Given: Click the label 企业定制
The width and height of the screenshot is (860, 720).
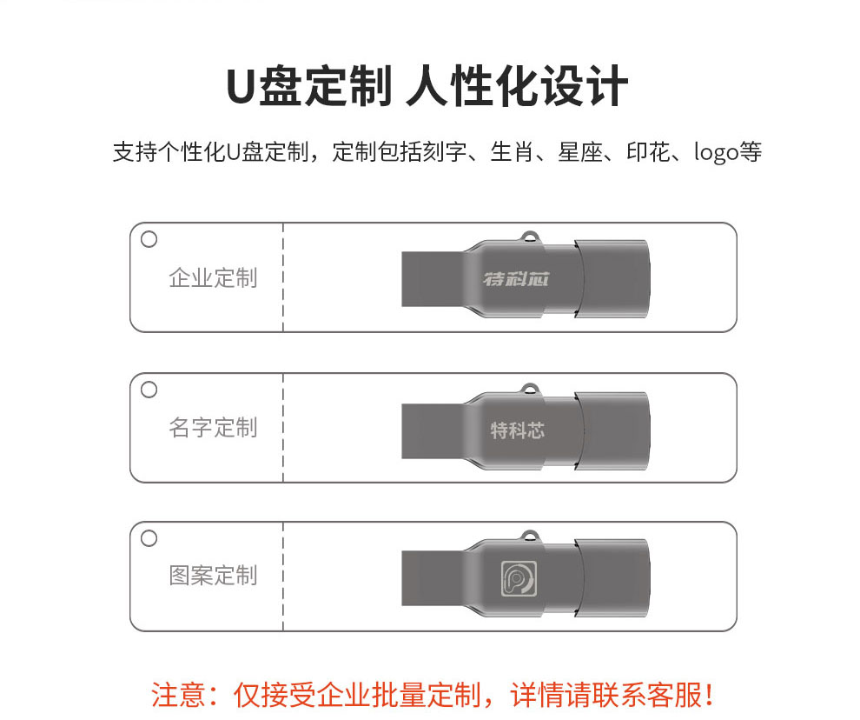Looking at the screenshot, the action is point(213,278).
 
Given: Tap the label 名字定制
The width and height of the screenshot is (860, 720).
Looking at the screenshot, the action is point(213,428).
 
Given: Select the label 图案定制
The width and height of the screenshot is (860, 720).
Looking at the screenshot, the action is point(213,576).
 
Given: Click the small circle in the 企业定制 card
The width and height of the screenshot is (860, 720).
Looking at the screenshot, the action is point(149,239).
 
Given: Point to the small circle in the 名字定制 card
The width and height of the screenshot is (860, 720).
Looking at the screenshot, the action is point(149,390).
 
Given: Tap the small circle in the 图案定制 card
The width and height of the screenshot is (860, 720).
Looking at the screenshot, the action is point(149,538).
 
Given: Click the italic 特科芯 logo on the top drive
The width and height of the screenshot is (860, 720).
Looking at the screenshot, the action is point(516,279).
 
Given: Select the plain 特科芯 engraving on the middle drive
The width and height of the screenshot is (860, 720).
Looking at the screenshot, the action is point(518,430).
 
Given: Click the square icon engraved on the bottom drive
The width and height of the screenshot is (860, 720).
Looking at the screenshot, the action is point(519,578).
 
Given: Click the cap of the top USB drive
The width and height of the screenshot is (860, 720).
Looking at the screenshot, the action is point(612,279).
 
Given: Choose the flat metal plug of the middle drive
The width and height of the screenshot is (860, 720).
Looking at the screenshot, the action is point(434,431).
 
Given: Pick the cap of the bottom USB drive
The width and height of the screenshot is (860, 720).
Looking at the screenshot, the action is point(612,577).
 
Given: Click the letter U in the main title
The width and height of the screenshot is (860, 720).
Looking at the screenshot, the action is point(241,87).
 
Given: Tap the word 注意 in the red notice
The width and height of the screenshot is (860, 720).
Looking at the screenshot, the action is point(178,695).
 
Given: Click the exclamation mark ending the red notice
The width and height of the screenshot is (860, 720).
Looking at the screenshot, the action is point(709,695).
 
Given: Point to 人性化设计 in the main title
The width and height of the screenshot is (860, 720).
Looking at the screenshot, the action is point(517,86).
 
